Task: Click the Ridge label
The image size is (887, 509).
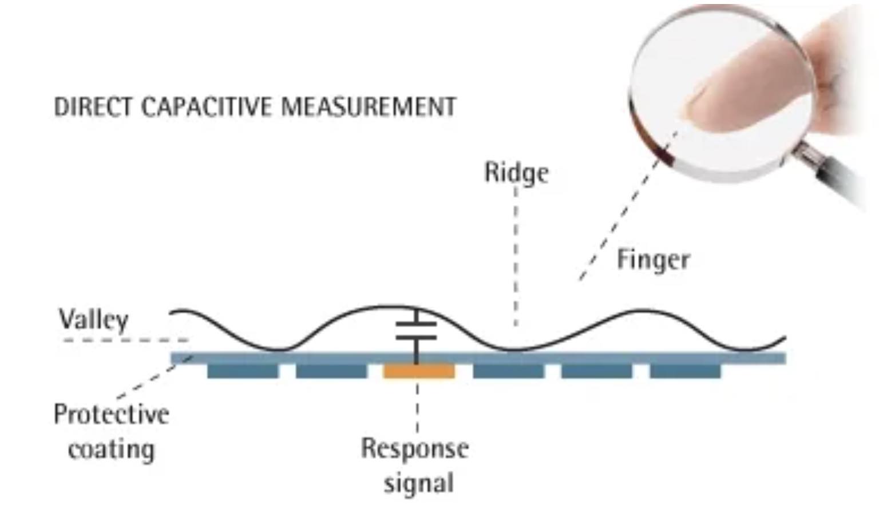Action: click(516, 173)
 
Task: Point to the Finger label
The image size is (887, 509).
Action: click(653, 260)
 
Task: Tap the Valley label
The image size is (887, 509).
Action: click(93, 319)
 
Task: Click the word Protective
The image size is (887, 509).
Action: click(112, 414)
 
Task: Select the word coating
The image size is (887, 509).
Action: click(112, 450)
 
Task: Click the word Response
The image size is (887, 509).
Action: click(415, 448)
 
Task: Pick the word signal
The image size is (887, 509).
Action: click(418, 483)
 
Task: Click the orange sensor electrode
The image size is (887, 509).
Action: click(419, 372)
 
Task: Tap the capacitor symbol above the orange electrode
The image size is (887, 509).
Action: click(416, 331)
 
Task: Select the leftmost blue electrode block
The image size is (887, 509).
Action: click(243, 372)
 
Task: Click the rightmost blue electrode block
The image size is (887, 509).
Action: click(685, 372)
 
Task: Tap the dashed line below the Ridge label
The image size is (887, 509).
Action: click(516, 257)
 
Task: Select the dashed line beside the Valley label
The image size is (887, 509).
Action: click(126, 340)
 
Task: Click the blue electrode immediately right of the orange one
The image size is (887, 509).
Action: click(508, 372)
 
